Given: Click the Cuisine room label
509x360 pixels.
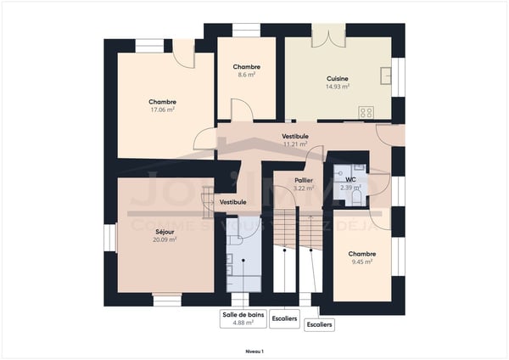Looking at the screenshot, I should tap(337, 78).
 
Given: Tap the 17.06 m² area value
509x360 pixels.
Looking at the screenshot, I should tap(162, 110).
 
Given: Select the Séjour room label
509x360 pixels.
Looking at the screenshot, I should tap(165, 231).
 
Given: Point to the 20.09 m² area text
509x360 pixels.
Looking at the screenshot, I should tap(165, 239).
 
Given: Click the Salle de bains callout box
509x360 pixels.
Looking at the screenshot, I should tap(243, 318).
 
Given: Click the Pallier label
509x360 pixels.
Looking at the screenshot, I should tap(304, 180).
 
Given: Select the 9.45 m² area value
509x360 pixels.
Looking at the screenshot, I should tap(362, 262).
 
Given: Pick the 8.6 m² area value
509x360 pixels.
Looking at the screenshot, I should tap(246, 75).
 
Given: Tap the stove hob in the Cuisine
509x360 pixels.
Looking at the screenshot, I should tap(366, 111).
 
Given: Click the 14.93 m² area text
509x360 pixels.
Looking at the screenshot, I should tap(337, 87).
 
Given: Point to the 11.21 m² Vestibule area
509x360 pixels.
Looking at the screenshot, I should tap(294, 144).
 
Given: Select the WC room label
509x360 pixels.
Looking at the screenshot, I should tap(350, 179).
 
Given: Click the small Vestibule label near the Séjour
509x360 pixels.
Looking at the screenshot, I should tap(232, 202).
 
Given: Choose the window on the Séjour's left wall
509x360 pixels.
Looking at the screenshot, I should tap(109, 238).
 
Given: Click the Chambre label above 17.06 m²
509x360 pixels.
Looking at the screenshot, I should tap(162, 101).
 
